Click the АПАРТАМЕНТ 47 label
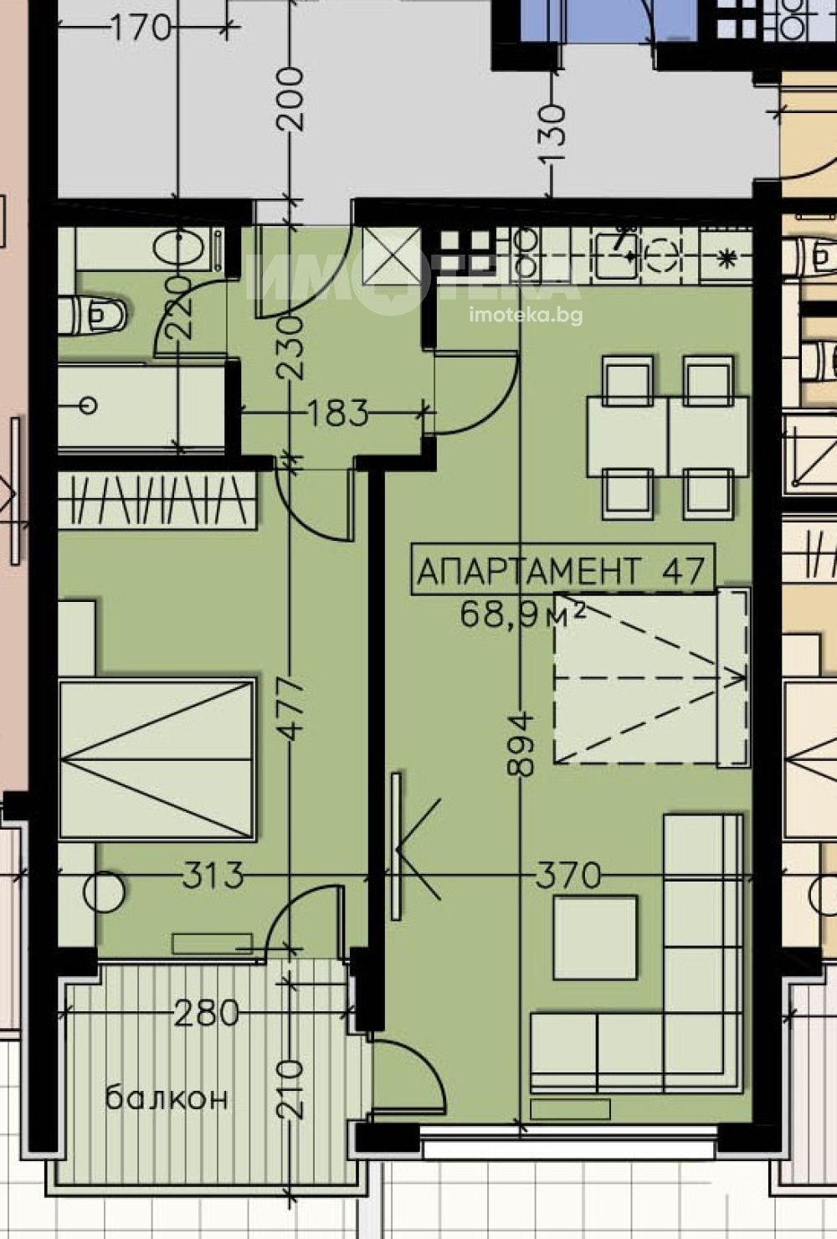click(x=562, y=570)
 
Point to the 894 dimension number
click(x=521, y=744)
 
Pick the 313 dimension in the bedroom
click(x=213, y=875)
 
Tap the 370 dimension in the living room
click(x=567, y=875)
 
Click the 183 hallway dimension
click(x=337, y=413)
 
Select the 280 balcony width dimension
click(x=206, y=1013)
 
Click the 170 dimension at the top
click(x=141, y=27)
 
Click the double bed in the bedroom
click(x=157, y=758)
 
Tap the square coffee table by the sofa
click(x=595, y=938)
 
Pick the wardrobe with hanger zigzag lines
click(x=157, y=500)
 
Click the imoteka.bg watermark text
click(x=526, y=316)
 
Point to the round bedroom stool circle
click(x=104, y=891)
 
